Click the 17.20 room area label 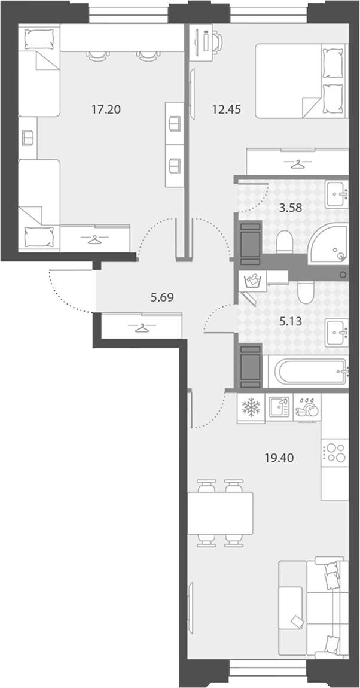click(x=106, y=109)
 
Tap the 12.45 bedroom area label click(x=226, y=109)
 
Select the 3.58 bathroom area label click(x=291, y=208)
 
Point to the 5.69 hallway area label click(x=162, y=297)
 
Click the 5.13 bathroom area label click(x=291, y=321)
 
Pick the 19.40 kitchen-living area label click(x=279, y=458)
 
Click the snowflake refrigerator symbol click(x=251, y=408)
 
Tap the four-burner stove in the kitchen click(x=335, y=452)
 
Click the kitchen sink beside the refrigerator click(x=279, y=408)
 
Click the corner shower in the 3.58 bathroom click(x=328, y=243)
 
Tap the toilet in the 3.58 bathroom click(x=285, y=242)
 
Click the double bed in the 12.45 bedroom click(x=301, y=81)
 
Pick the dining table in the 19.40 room click(x=221, y=513)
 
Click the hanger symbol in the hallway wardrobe click(x=142, y=327)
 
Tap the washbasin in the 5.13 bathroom click(x=337, y=333)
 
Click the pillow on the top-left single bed click(x=39, y=39)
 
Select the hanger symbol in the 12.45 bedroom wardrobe click(x=298, y=165)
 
